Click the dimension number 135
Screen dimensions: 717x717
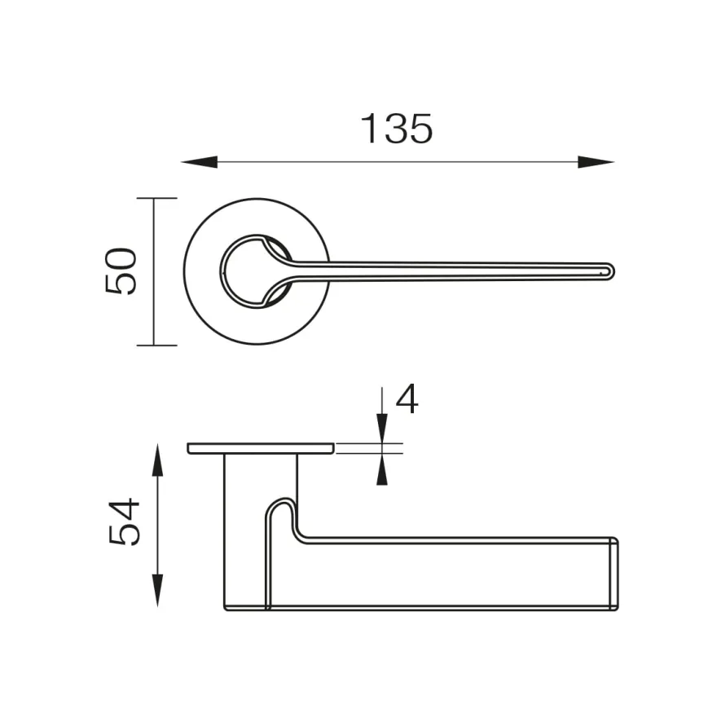click(x=396, y=129)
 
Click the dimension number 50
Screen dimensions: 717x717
click(x=121, y=271)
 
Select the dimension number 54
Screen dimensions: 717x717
click(x=124, y=521)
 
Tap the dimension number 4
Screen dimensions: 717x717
click(x=407, y=398)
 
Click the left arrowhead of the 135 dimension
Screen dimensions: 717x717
click(x=200, y=162)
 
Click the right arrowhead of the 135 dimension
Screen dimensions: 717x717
click(x=596, y=162)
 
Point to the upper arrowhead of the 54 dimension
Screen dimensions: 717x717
click(x=157, y=460)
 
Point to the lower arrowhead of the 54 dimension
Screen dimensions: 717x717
click(x=157, y=591)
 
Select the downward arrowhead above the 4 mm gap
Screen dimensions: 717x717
click(x=382, y=428)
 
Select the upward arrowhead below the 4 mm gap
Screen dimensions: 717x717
click(x=382, y=469)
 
